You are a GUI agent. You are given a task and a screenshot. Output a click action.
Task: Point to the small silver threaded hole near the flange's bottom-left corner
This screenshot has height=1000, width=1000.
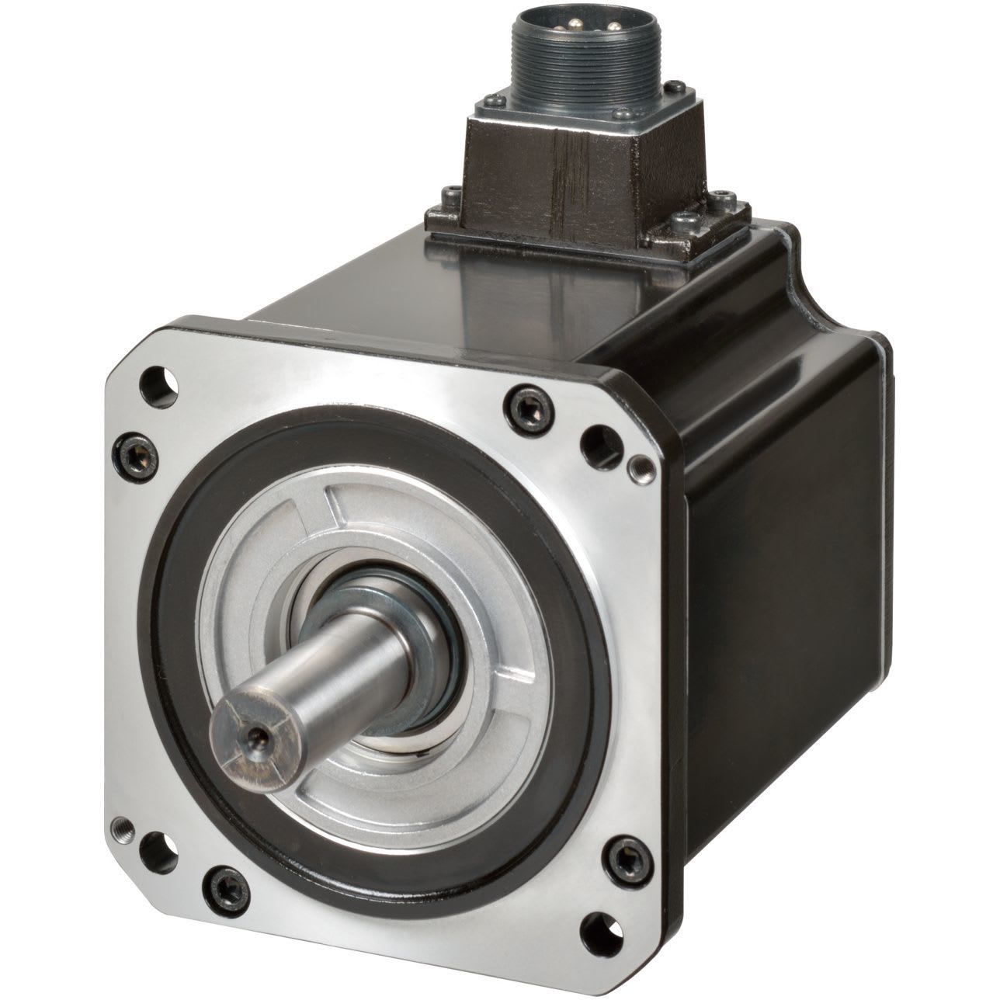[x=122, y=826]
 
